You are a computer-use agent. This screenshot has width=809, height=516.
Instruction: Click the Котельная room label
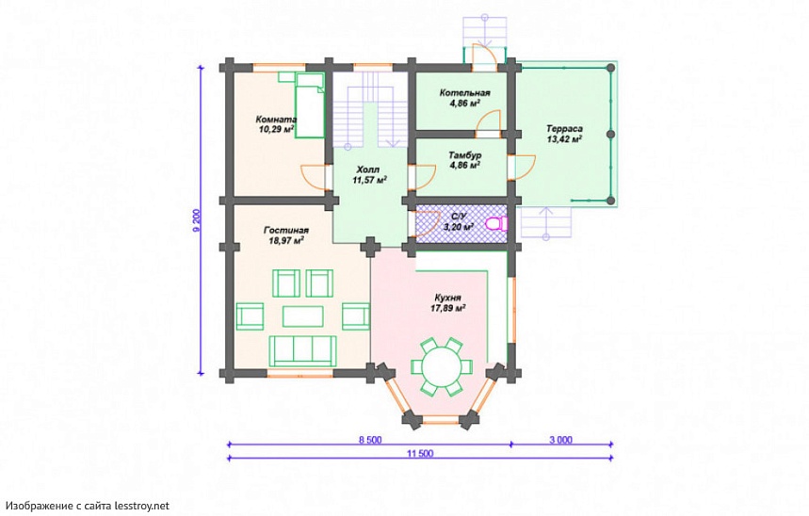(465, 93)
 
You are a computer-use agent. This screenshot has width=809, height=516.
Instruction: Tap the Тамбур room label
(465, 155)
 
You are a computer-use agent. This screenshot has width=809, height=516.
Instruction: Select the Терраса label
(565, 128)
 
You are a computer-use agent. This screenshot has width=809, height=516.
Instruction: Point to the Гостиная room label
(285, 230)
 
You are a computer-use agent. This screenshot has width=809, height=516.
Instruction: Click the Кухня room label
(448, 298)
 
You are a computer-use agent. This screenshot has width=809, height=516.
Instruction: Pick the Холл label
(368, 169)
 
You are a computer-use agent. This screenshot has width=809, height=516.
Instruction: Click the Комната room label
(276, 120)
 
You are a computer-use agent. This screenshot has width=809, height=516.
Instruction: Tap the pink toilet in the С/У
(497, 224)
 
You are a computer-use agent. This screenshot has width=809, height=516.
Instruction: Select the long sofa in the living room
(303, 350)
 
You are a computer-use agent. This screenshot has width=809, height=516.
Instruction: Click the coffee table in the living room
(303, 315)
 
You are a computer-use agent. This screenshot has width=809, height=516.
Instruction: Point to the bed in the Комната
(309, 105)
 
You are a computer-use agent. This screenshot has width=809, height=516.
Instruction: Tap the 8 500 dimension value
(370, 440)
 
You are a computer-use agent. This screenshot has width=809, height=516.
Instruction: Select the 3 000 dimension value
(560, 440)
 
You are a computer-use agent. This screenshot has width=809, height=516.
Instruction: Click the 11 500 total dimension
(420, 454)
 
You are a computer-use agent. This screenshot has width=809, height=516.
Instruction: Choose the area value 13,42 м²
(565, 138)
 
